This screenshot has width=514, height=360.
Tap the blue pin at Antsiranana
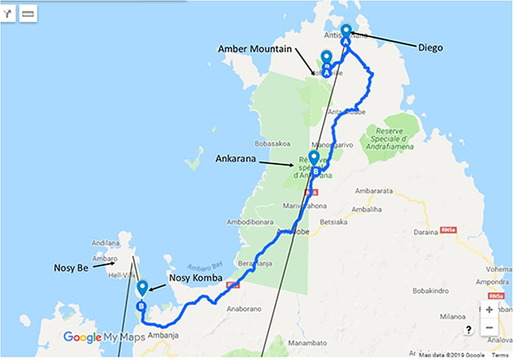pos(346,33)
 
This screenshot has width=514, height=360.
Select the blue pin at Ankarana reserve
pos(314,159)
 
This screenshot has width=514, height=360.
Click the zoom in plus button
pos(489,309)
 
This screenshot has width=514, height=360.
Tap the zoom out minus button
pos(489,328)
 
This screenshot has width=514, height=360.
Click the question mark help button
pos(469,329)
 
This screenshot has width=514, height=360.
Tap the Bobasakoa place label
pos(271,144)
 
